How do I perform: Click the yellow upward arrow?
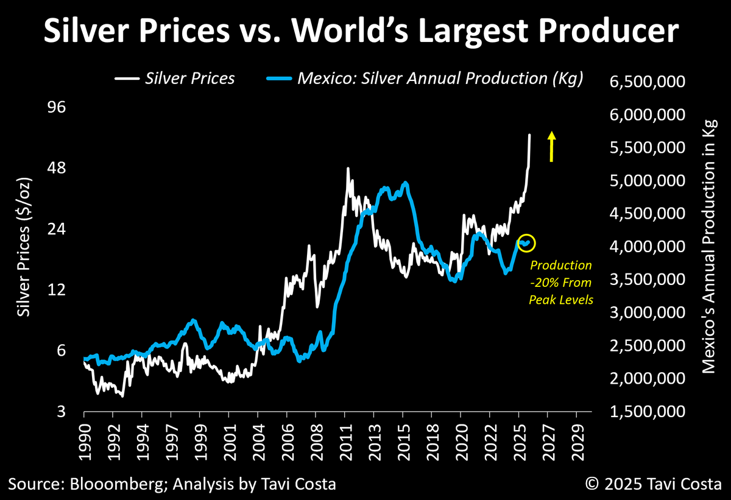(x=551, y=147)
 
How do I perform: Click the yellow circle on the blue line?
(x=526, y=242)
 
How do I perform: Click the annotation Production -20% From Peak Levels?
(x=560, y=283)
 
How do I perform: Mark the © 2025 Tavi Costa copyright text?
(x=654, y=485)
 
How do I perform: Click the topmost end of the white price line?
(x=529, y=135)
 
